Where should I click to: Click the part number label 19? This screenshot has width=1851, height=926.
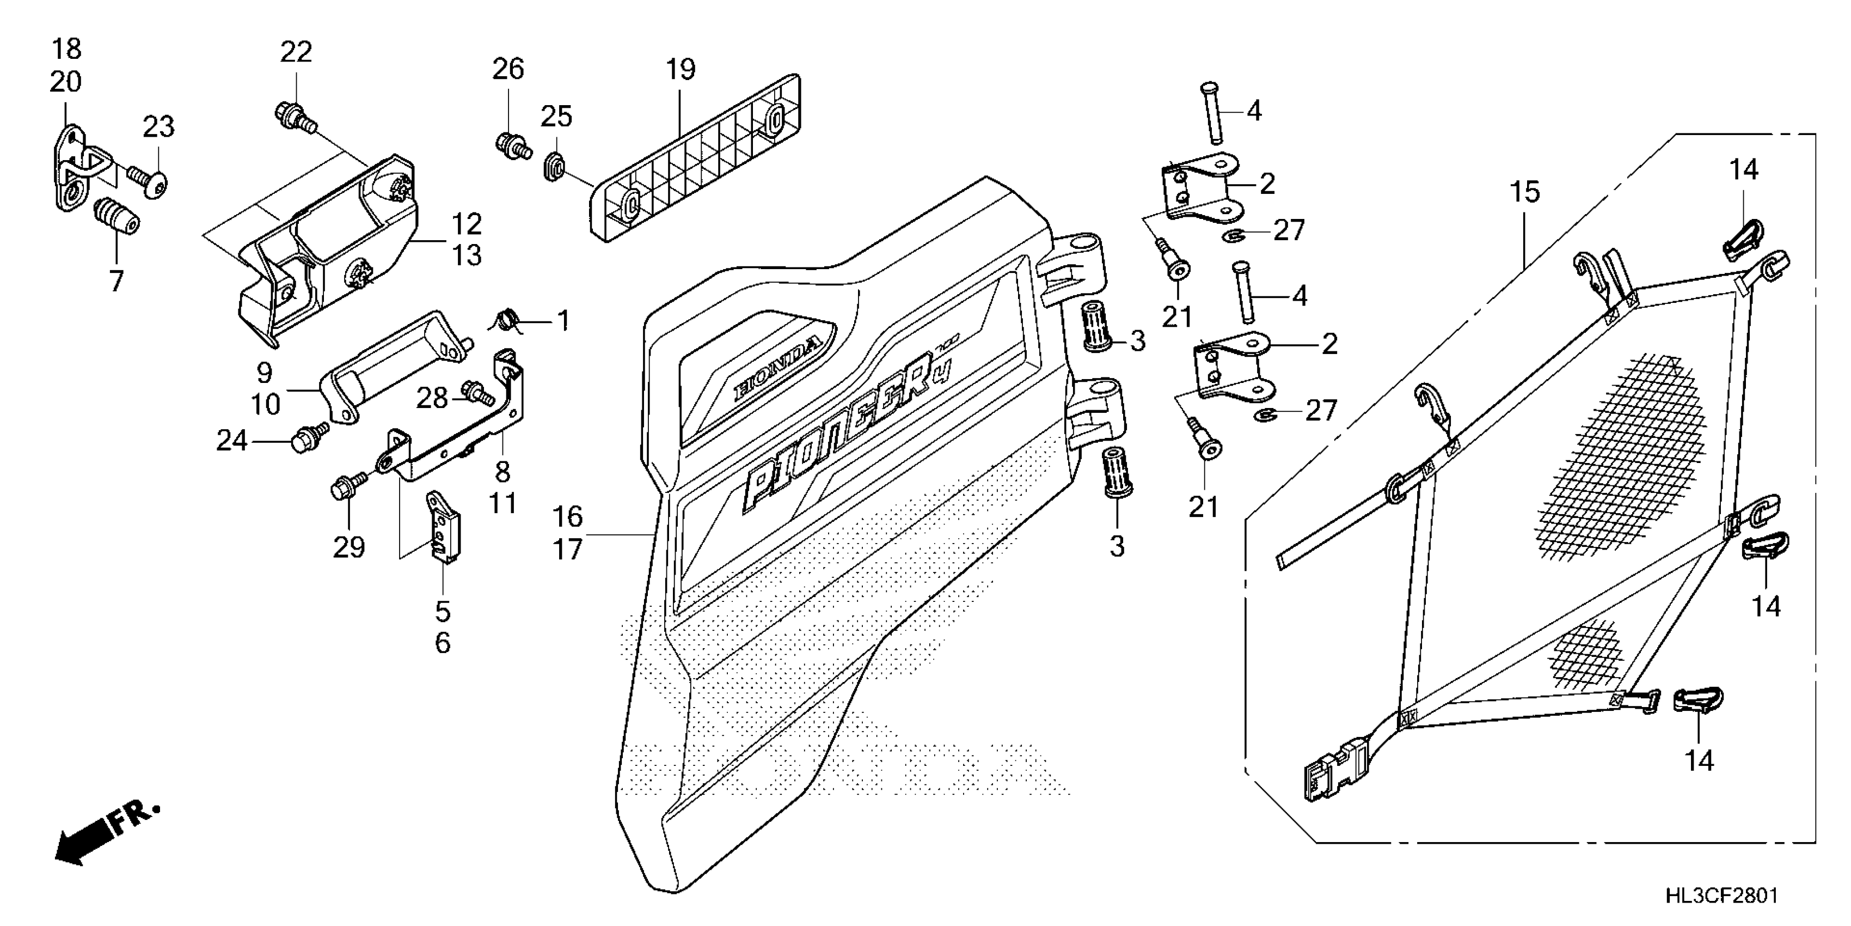tap(680, 70)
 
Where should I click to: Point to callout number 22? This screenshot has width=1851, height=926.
tap(296, 52)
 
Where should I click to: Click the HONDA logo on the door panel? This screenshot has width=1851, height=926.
tap(776, 370)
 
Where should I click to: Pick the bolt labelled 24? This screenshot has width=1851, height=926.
tap(308, 436)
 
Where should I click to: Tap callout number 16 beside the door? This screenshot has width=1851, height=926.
tap(568, 516)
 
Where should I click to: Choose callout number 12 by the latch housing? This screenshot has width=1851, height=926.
tap(467, 225)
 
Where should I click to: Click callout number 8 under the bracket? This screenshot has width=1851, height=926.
tap(502, 472)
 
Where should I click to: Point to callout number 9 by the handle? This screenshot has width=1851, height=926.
tap(265, 373)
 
